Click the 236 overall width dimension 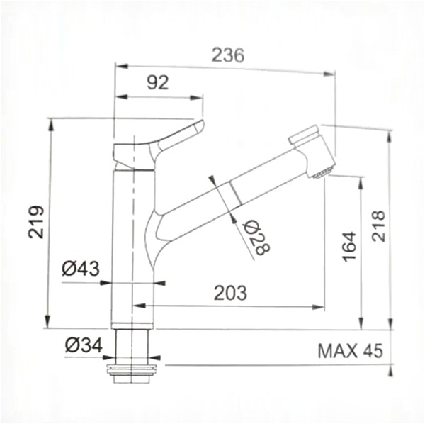228,55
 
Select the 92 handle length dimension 158,82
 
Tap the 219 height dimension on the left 36,222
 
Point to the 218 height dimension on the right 378,225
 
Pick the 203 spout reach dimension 230,291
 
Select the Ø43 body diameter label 80,268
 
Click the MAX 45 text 349,350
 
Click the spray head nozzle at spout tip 322,171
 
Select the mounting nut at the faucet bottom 134,370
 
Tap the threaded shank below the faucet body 132,346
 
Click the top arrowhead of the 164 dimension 361,181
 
